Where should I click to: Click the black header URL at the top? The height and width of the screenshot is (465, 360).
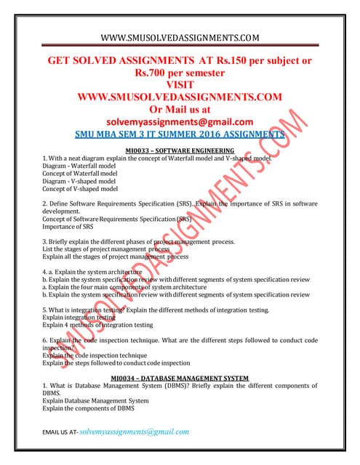[x=179, y=37]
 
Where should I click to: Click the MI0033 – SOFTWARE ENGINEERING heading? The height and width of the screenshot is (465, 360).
[x=179, y=150]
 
